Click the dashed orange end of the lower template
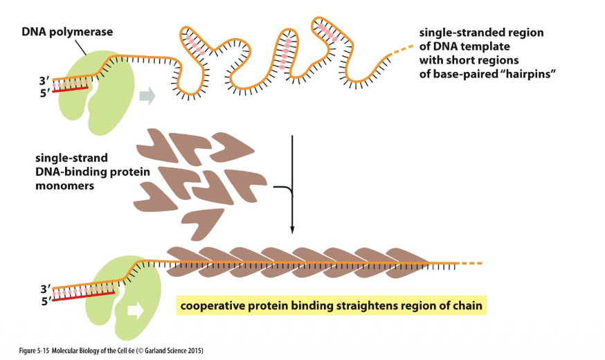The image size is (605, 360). (470, 263)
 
